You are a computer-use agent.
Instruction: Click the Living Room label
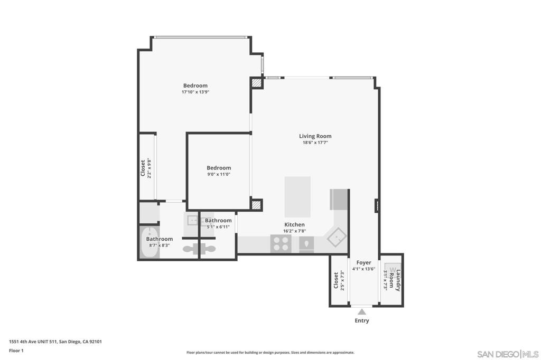click(315, 136)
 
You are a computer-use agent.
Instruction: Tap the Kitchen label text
click(294, 224)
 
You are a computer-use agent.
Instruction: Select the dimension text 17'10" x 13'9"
click(195, 92)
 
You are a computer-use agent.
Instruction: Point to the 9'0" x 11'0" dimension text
click(219, 174)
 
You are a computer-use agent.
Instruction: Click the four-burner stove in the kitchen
click(281, 243)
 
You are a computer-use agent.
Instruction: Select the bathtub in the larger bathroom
click(150, 242)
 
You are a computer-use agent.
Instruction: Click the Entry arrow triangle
click(362, 311)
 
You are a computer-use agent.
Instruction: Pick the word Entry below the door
click(362, 320)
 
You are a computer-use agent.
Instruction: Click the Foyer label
click(363, 262)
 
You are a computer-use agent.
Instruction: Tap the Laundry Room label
click(395, 280)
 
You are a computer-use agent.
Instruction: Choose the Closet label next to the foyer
click(336, 280)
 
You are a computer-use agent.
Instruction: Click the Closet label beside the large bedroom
click(143, 168)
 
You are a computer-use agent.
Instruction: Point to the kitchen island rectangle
click(297, 190)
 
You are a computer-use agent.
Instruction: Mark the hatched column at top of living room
click(257, 83)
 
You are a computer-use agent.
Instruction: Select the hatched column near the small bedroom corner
click(257, 205)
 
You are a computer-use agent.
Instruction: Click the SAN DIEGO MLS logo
click(508, 353)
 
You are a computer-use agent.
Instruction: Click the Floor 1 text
click(16, 350)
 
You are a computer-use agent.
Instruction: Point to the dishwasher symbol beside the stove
click(306, 243)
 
